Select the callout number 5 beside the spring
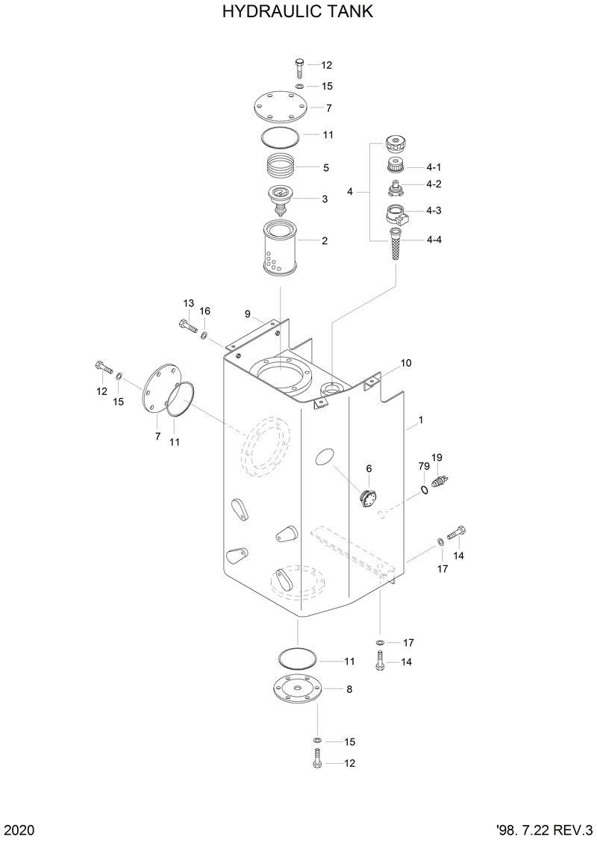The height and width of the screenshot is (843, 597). [x=325, y=168]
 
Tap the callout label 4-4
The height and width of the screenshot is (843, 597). [x=434, y=240]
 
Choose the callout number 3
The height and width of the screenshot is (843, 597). [x=325, y=199]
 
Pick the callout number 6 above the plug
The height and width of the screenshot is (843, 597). [x=368, y=468]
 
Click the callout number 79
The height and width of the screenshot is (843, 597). [x=423, y=467]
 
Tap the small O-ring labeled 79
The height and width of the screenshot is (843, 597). [x=424, y=490]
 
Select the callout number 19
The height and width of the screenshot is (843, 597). [x=437, y=458]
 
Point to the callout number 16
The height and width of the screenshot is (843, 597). [x=205, y=311]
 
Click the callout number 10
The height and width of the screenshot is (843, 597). [x=406, y=364]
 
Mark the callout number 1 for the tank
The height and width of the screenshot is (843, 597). [x=421, y=421]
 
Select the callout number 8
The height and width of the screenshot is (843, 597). [x=349, y=689]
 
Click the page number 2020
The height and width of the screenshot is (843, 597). [x=19, y=830]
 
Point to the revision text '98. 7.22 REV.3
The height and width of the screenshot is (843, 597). [x=543, y=830]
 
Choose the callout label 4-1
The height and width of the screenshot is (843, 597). [x=434, y=167]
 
